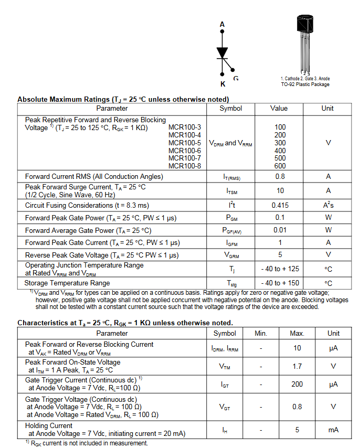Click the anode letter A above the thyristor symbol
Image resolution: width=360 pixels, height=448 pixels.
(x=222, y=24)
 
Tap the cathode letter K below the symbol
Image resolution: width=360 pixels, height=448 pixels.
(x=223, y=84)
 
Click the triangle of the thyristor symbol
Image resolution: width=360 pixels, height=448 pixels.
(x=223, y=52)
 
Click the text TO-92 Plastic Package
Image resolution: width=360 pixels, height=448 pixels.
(x=305, y=84)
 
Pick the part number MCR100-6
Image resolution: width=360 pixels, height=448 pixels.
(x=184, y=151)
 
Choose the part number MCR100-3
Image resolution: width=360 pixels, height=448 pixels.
(x=184, y=127)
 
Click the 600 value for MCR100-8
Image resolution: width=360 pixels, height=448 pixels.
(x=280, y=166)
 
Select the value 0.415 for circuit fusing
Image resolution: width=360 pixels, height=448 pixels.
(x=280, y=205)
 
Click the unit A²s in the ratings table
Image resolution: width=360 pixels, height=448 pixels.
(x=329, y=205)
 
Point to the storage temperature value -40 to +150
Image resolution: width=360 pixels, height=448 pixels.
(x=280, y=283)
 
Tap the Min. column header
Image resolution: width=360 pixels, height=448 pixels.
(x=261, y=333)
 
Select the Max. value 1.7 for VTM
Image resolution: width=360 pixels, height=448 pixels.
(x=297, y=366)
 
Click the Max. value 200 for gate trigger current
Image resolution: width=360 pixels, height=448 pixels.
(x=297, y=384)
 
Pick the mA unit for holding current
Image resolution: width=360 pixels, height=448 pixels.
(x=333, y=430)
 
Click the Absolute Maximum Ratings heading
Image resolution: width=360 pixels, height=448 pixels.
(x=123, y=99)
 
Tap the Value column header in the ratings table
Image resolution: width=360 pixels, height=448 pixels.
(x=279, y=109)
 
